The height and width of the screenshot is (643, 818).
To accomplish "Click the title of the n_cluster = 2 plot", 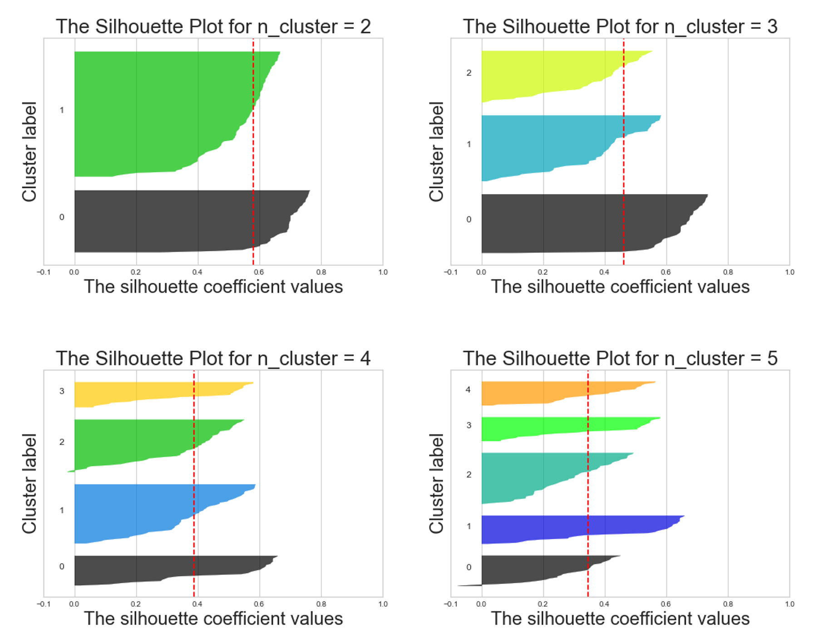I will point(213,27).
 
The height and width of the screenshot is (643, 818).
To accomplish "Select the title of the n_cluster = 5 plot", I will point(620,359).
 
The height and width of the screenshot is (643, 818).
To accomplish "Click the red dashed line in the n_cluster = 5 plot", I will point(588,499).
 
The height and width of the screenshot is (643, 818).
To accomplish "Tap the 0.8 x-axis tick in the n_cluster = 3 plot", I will point(728,272).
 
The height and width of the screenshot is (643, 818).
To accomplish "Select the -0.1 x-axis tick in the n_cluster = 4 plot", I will point(44,604).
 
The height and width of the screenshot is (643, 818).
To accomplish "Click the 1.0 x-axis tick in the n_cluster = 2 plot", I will point(383,272).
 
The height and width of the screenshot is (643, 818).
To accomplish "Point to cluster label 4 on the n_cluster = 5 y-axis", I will point(468,390).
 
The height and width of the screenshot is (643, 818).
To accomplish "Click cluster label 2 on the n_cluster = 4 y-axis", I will point(62,442).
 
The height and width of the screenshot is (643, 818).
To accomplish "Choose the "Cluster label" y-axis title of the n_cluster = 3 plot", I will point(436,151).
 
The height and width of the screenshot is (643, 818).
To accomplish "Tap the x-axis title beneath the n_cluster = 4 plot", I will point(213,619).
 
